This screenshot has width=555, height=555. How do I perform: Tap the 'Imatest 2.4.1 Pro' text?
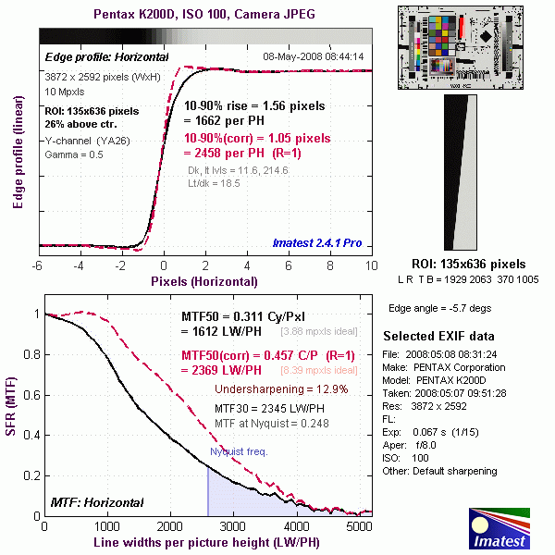point(317,244)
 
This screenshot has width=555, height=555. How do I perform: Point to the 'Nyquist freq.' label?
point(240,452)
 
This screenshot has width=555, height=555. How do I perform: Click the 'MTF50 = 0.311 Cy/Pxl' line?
point(244,317)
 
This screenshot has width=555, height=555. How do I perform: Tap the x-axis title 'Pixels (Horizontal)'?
point(204,277)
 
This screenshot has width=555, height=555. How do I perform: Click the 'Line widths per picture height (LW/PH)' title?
point(203,542)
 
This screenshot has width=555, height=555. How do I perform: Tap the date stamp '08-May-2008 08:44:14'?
point(313,56)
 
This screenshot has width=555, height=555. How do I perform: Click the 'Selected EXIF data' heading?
point(438,335)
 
